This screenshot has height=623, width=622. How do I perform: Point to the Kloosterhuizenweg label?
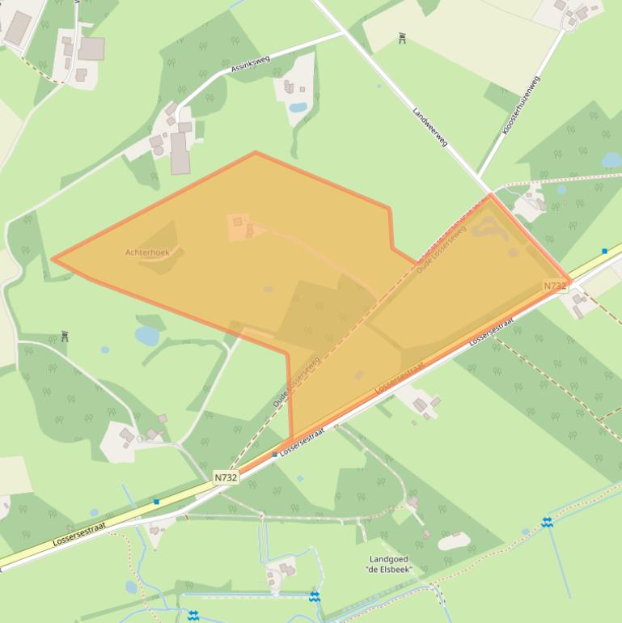coord(522,105)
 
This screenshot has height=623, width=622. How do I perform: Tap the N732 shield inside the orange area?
coord(554,286)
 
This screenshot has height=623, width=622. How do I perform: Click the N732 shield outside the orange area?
coord(226,477)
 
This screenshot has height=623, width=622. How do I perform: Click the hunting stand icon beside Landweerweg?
coord(402,37)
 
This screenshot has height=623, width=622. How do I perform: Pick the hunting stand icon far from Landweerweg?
coord(65,336)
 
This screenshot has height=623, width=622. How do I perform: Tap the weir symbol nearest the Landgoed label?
coord(314,597)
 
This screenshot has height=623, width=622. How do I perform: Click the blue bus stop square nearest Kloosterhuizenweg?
coord(604,252)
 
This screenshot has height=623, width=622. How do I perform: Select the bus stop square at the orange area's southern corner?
coord(275,455)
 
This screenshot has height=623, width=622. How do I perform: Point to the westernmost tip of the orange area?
coord(53,260)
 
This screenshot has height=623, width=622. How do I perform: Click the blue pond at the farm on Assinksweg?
coord(298,107)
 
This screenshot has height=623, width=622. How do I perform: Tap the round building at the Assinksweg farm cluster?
coord(159,150)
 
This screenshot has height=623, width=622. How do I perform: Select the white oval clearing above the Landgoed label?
coord(453,540)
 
